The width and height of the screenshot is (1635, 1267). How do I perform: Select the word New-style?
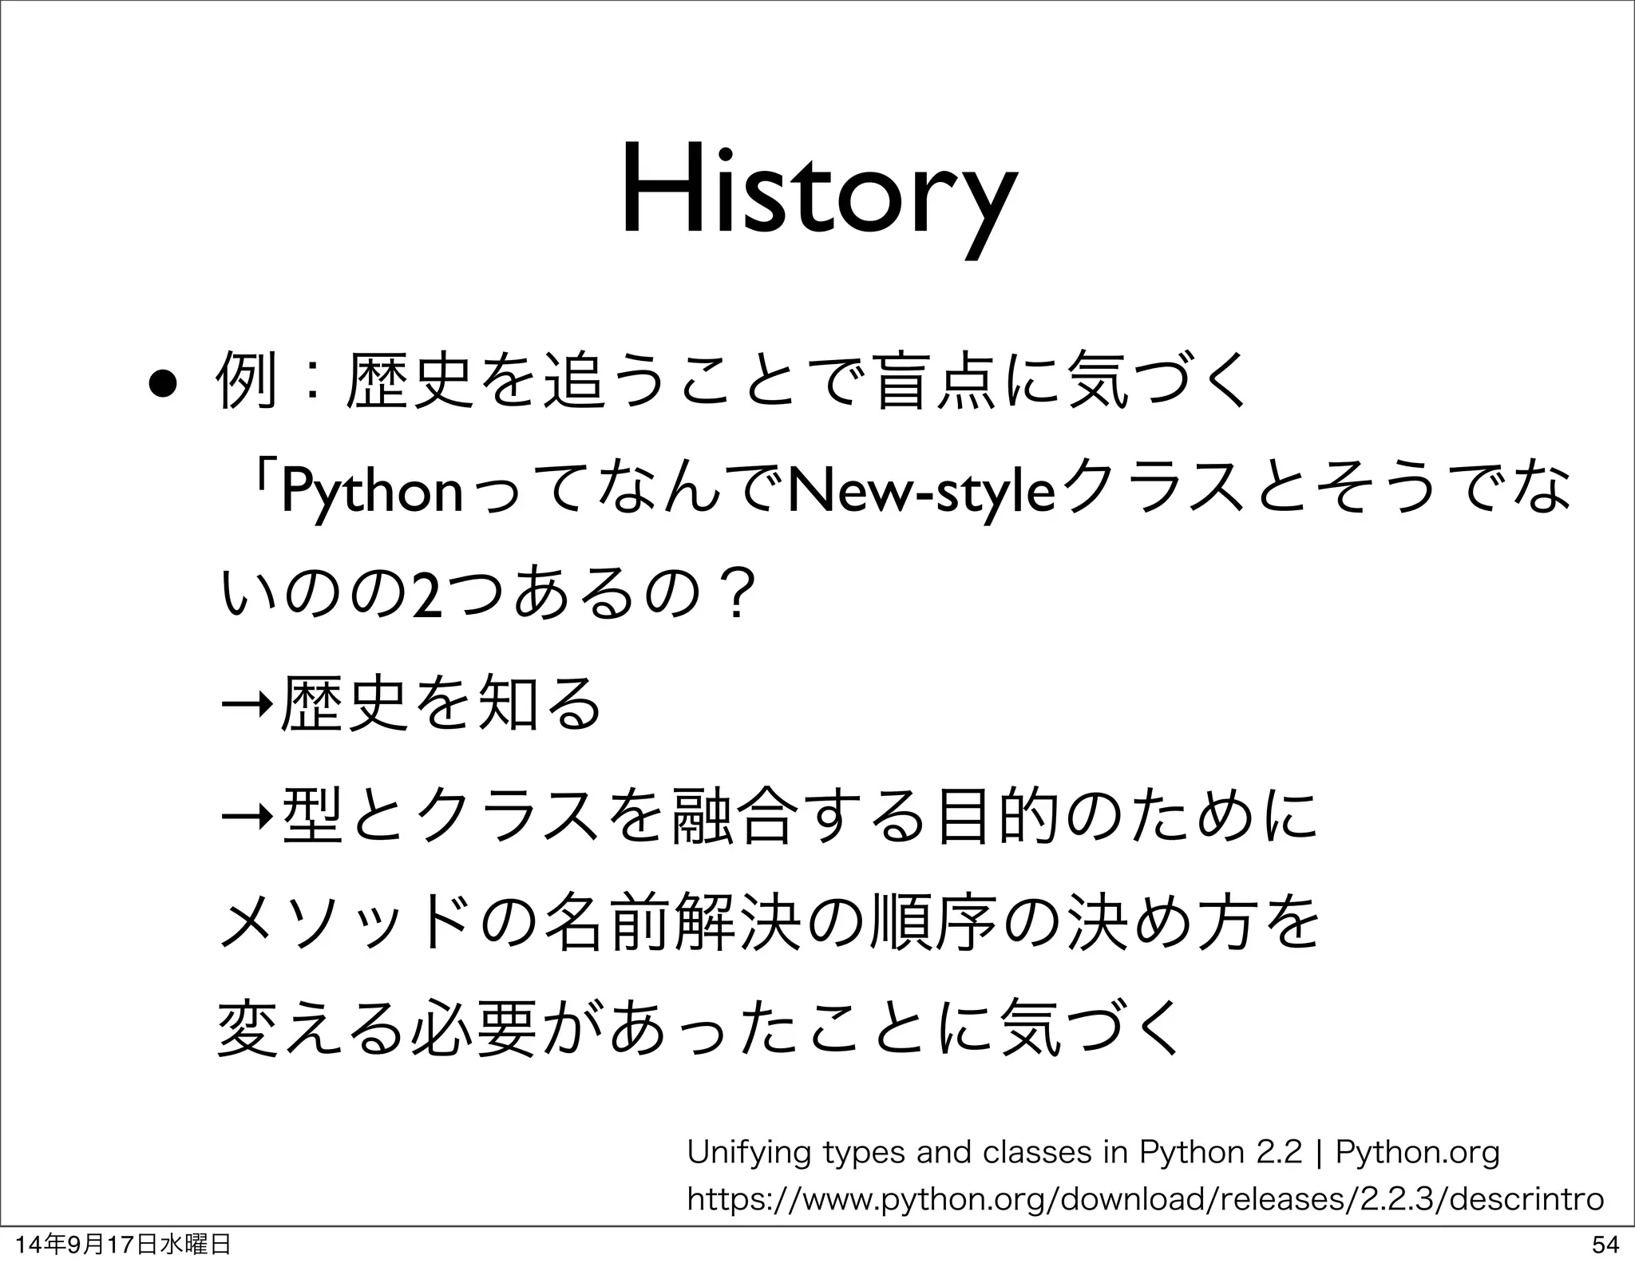point(919,493)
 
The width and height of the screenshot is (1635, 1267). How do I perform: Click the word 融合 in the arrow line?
point(733,815)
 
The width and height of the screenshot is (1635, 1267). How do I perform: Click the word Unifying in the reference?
point(748,1153)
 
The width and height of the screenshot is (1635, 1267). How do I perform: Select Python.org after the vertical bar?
point(1417,1153)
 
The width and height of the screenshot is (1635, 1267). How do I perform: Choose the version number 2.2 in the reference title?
point(1279,1153)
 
